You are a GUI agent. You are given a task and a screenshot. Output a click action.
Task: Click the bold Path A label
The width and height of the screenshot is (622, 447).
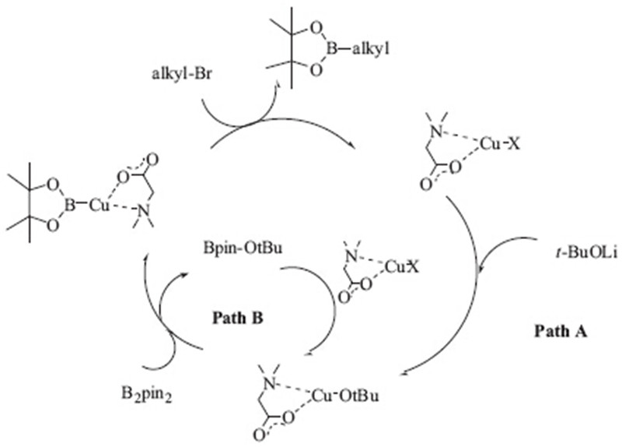click(560, 331)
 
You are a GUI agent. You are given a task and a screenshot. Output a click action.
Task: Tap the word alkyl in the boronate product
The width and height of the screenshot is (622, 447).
click(369, 51)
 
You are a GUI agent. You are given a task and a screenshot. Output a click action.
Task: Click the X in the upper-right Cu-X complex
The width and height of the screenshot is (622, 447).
click(514, 164)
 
